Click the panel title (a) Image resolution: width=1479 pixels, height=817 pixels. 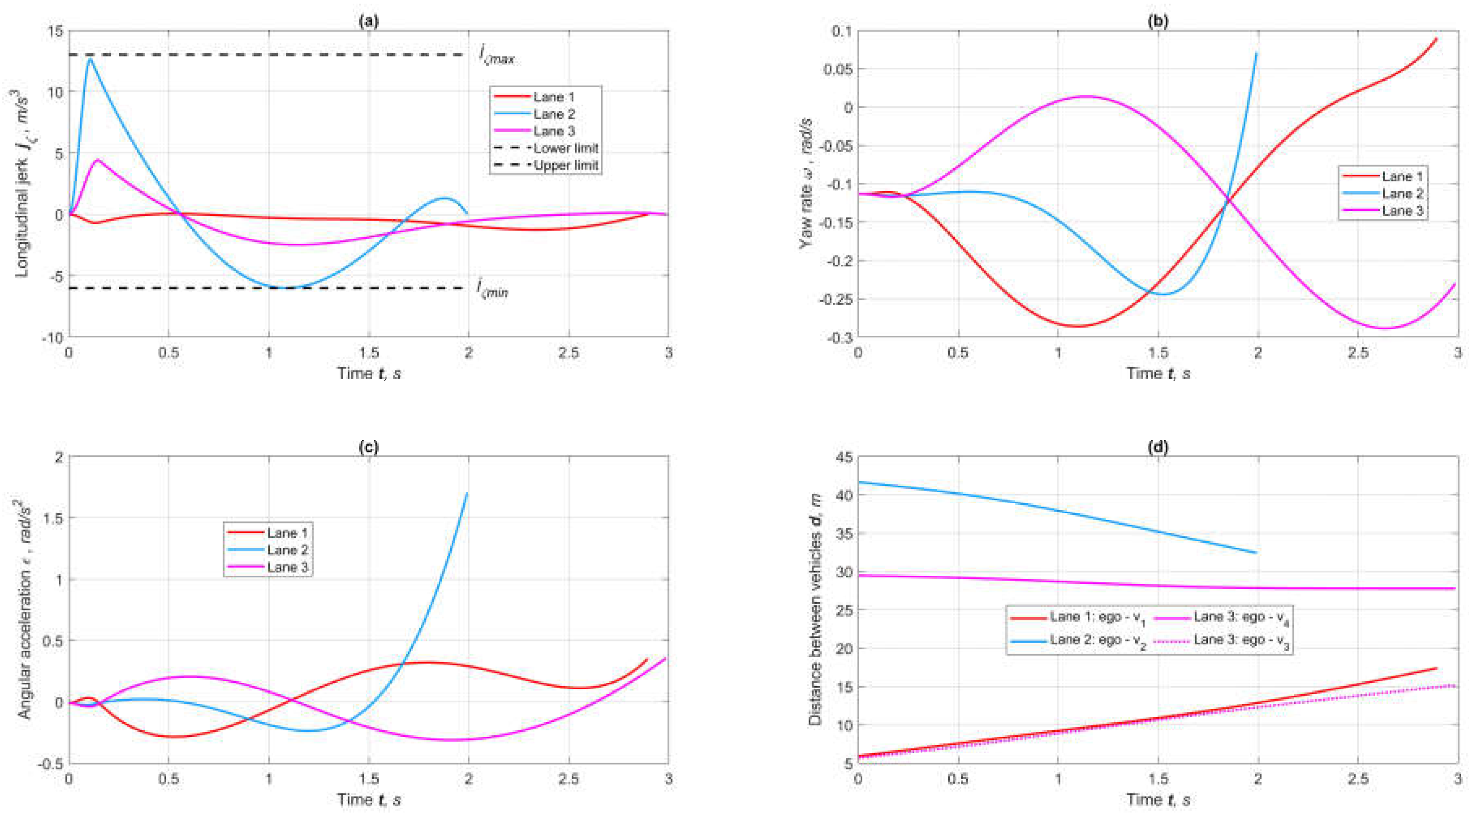pyautogui.click(x=368, y=21)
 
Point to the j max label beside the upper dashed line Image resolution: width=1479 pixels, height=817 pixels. pyautogui.click(x=497, y=56)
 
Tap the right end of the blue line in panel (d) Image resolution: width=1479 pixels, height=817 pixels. pyautogui.click(x=1256, y=553)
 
